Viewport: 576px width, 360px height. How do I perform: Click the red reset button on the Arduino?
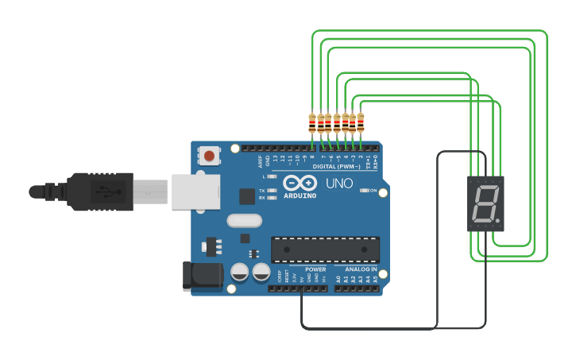coord(209,156)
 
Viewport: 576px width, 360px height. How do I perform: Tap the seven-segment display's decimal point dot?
coord(498,220)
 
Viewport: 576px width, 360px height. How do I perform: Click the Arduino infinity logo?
coord(299,183)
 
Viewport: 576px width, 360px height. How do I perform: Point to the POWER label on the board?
coord(315,269)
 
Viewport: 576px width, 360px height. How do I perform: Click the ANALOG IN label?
coord(361,269)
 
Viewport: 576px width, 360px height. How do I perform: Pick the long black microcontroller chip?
coord(325,249)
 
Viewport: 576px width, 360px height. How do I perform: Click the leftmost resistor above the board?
coord(312,122)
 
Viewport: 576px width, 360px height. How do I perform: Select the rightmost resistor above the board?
coord(361,122)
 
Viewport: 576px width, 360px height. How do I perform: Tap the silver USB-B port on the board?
coord(195,192)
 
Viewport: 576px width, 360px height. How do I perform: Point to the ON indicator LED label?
coord(372,191)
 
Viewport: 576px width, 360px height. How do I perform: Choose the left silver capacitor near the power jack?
coord(240,273)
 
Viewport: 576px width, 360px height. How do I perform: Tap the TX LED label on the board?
coord(261,191)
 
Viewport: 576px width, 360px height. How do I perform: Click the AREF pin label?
coord(261,161)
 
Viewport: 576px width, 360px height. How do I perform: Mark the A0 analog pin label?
coord(338,280)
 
